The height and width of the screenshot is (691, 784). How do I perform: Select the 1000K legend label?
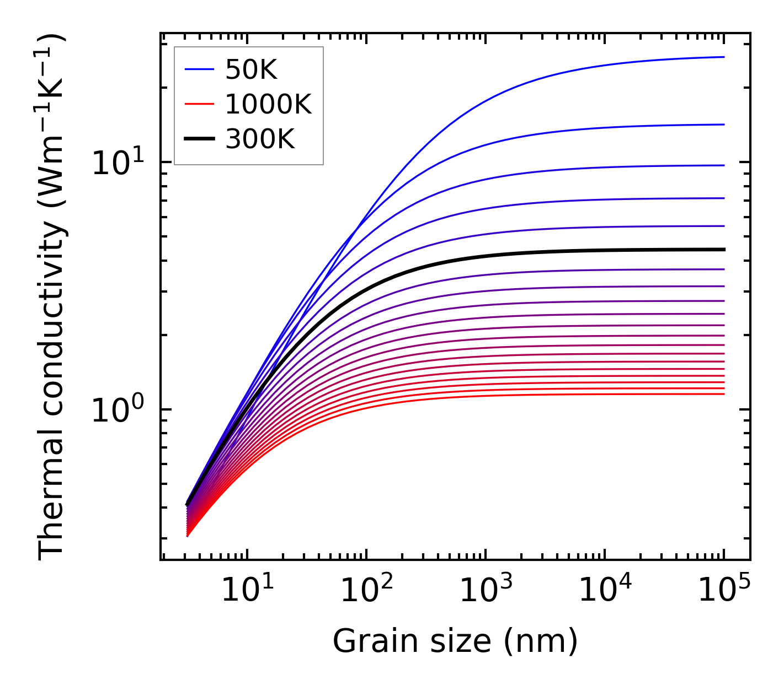coord(268,104)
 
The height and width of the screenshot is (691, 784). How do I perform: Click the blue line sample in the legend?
coord(199,69)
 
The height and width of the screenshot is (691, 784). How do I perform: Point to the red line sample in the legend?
coord(199,104)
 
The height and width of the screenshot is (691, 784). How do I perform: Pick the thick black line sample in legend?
coord(199,139)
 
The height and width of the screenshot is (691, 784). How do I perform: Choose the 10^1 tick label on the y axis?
coord(118,163)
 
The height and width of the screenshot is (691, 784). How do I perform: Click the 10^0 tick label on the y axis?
coord(118,411)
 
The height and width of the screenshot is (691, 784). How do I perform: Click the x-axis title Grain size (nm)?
coord(455,641)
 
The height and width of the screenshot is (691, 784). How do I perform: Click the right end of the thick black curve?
coord(723,250)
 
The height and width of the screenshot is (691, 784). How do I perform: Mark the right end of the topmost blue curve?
coord(723,57)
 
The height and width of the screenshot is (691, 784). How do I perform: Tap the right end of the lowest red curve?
coord(723,393)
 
